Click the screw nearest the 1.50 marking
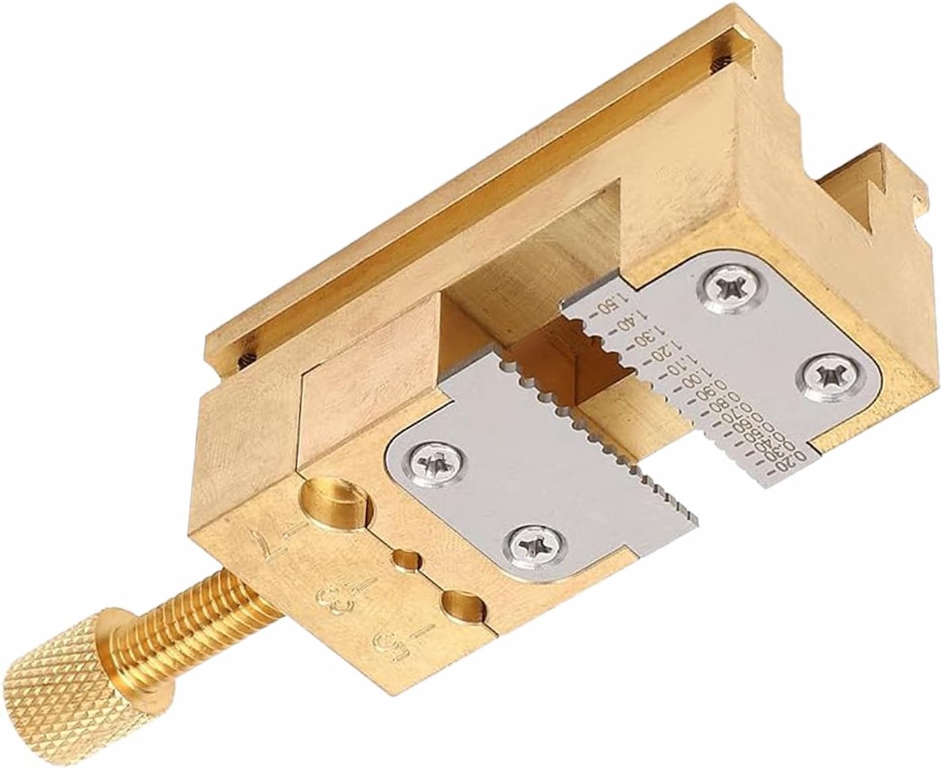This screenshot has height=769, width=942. [731, 290]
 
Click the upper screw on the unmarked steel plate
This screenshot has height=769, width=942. [435, 464]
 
